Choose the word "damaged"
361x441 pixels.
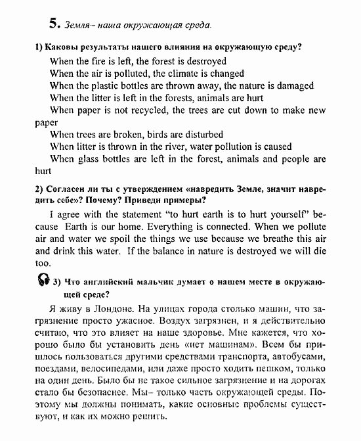click(305, 86)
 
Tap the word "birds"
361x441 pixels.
click(161, 135)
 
